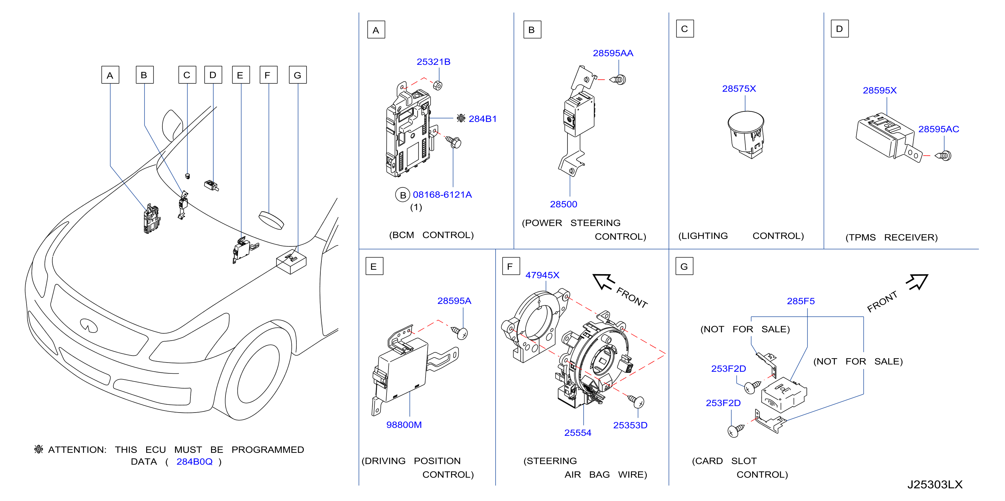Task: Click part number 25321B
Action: coord(433,62)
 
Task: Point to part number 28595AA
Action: coord(613,53)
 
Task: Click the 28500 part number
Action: coord(563,204)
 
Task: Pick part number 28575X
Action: coord(739,88)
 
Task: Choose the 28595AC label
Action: coord(938,129)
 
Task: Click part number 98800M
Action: coord(404,424)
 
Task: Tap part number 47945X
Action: coord(542,275)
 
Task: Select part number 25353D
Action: coord(630,425)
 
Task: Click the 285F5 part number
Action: coord(800,301)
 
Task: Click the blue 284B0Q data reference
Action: coord(194,462)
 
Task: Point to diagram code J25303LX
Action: coord(935,484)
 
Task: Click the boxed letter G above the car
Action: coord(298,75)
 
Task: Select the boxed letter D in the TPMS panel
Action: coord(840,29)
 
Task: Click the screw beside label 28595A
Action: coord(459,333)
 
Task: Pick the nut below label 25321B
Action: coord(438,85)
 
